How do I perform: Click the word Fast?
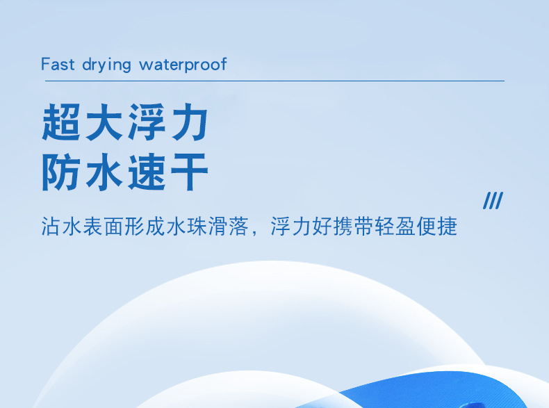[x=58, y=65]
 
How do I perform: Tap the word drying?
[x=106, y=65]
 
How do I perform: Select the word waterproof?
[x=183, y=65]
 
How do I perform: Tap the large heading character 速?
[x=147, y=172]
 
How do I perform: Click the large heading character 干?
[x=188, y=172]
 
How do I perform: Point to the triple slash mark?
[x=493, y=202]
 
